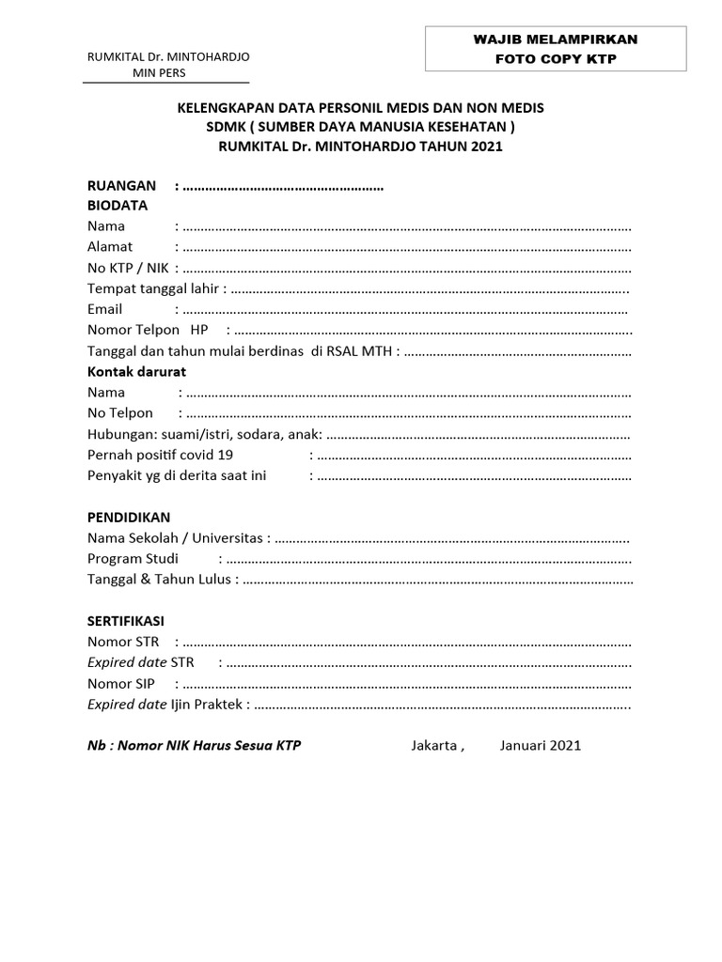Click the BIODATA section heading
[118, 206]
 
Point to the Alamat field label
[110, 247]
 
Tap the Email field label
[105, 309]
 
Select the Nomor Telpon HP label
[148, 330]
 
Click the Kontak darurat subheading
[136, 371]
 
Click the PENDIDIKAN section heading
[129, 518]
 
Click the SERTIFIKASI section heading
[126, 622]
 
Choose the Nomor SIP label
[121, 684]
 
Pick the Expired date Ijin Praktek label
[166, 705]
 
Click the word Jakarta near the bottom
[435, 746]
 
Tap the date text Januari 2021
[541, 746]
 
